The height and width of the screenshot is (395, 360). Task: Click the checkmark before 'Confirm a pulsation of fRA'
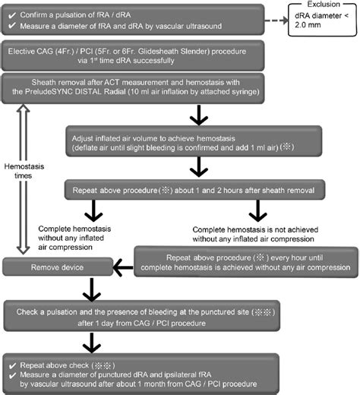(13, 10)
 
